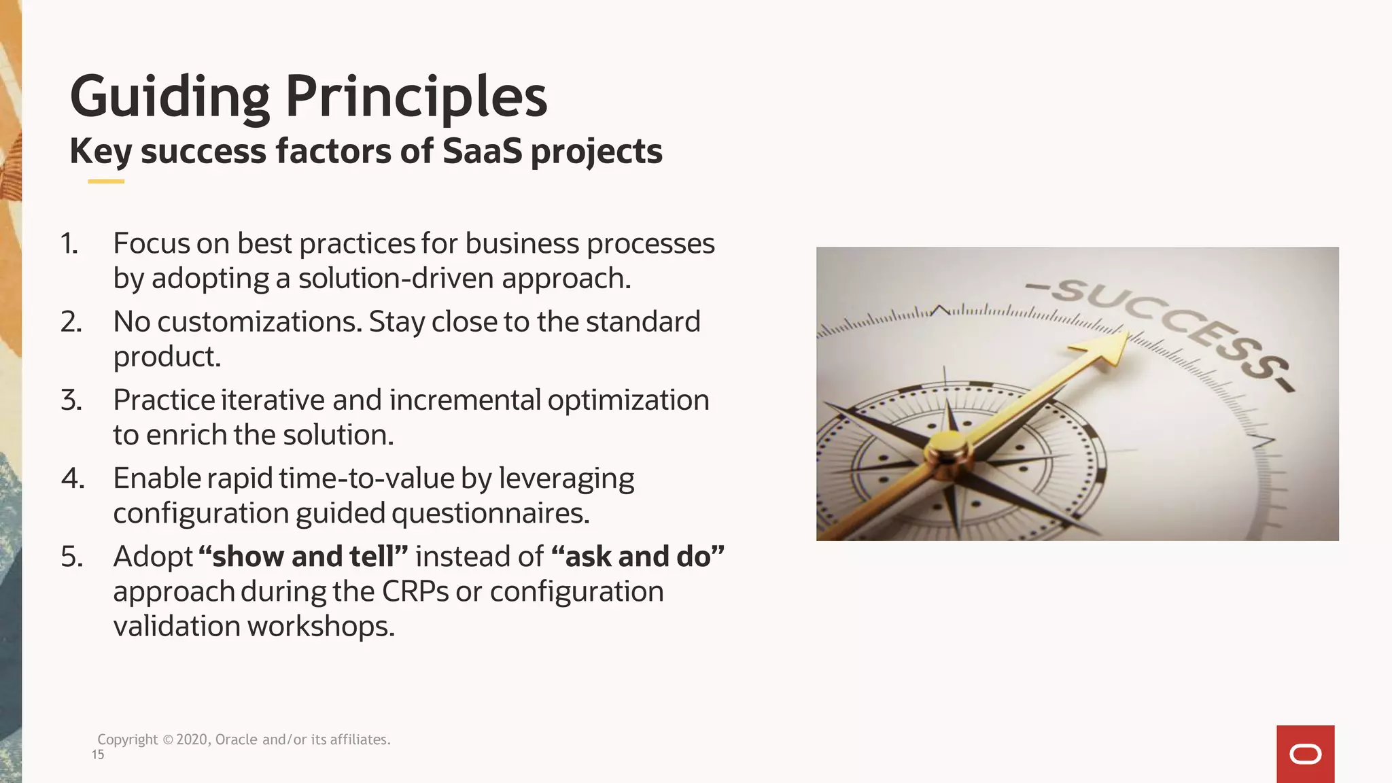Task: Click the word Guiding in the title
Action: point(170,97)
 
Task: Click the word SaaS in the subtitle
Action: point(482,151)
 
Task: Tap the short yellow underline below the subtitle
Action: point(106,181)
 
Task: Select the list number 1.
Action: point(69,243)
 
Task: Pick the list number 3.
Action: point(71,400)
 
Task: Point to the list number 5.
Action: point(71,557)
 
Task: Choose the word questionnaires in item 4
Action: point(490,513)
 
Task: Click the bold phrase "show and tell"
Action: point(303,557)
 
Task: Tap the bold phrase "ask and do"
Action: point(638,557)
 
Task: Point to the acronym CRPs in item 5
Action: point(415,591)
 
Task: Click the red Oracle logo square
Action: point(1305,754)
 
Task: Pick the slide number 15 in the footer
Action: point(98,754)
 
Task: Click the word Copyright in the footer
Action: point(127,739)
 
